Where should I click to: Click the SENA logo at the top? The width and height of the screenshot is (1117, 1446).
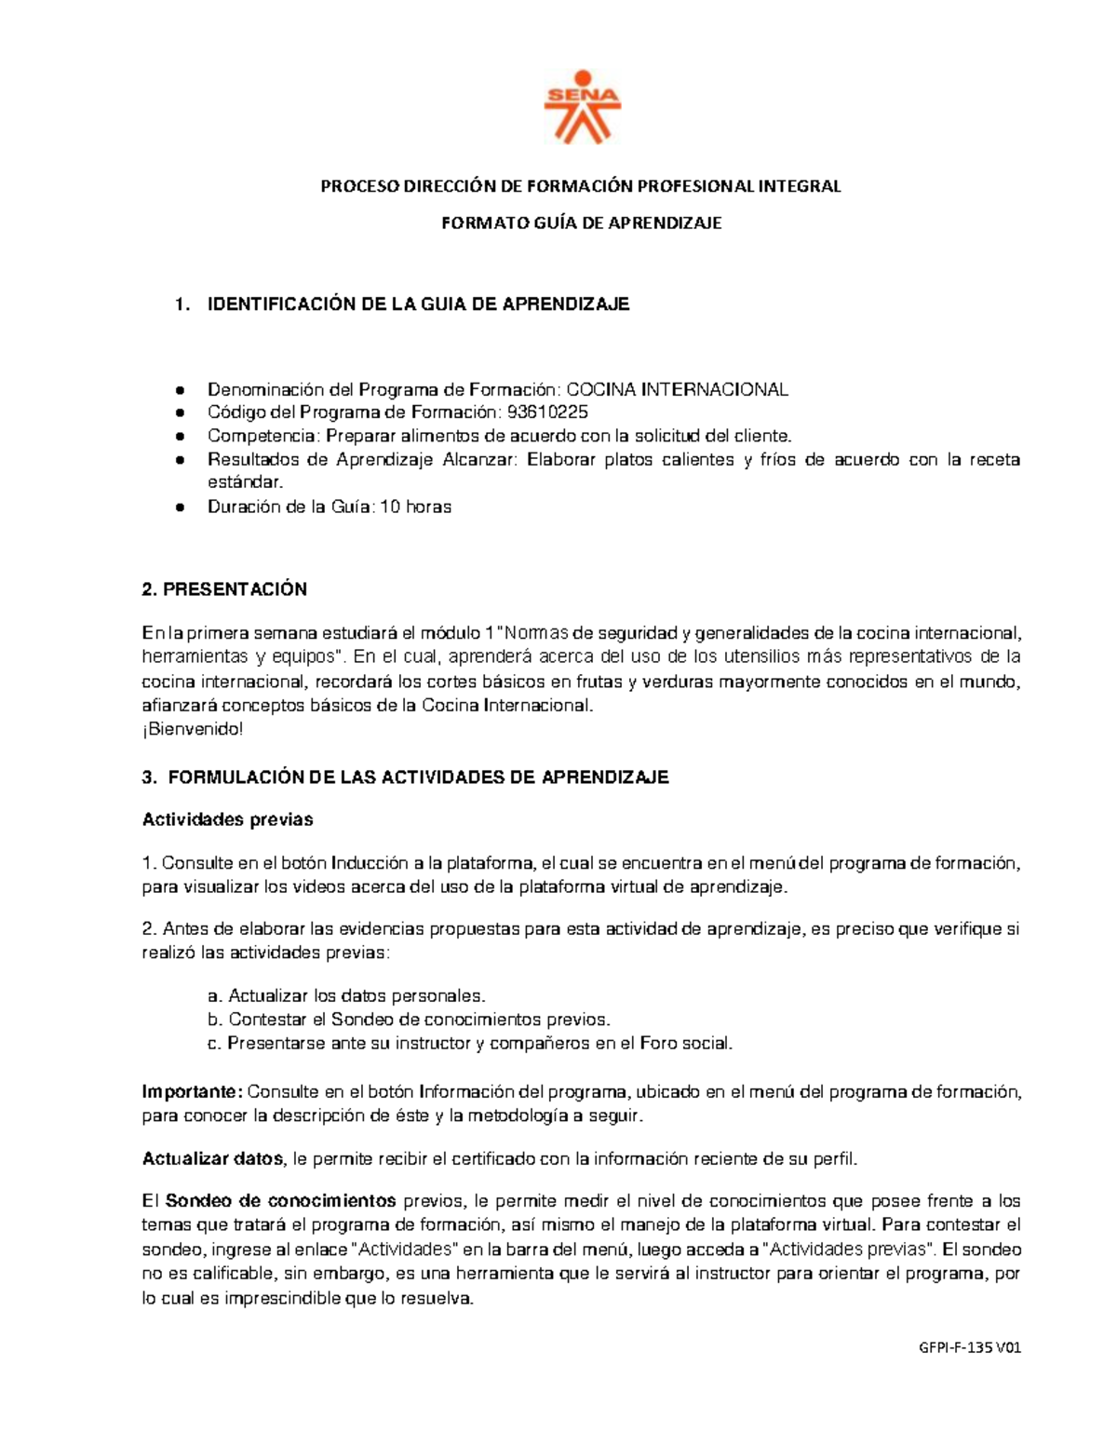click(581, 107)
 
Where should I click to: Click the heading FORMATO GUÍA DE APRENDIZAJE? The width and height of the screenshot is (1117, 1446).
click(581, 223)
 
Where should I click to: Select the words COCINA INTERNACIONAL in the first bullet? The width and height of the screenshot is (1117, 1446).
click(678, 389)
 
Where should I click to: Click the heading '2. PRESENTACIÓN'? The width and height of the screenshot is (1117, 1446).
click(223, 589)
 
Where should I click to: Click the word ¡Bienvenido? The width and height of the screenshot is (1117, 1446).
click(192, 729)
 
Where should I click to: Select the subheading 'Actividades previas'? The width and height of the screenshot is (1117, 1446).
click(227, 820)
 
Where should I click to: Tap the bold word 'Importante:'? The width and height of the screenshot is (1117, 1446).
click(192, 1092)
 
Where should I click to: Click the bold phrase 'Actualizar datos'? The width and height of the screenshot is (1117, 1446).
click(212, 1159)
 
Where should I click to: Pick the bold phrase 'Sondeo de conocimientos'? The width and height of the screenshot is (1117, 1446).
click(281, 1201)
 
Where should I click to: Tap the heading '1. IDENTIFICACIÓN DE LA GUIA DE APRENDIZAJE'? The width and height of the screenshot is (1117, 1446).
click(402, 304)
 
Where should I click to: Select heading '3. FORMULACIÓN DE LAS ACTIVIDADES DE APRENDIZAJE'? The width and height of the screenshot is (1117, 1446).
click(405, 777)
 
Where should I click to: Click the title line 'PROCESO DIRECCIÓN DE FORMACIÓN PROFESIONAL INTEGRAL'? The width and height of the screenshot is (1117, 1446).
click(581, 186)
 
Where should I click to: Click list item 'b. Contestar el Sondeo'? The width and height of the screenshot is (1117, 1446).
click(410, 1020)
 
